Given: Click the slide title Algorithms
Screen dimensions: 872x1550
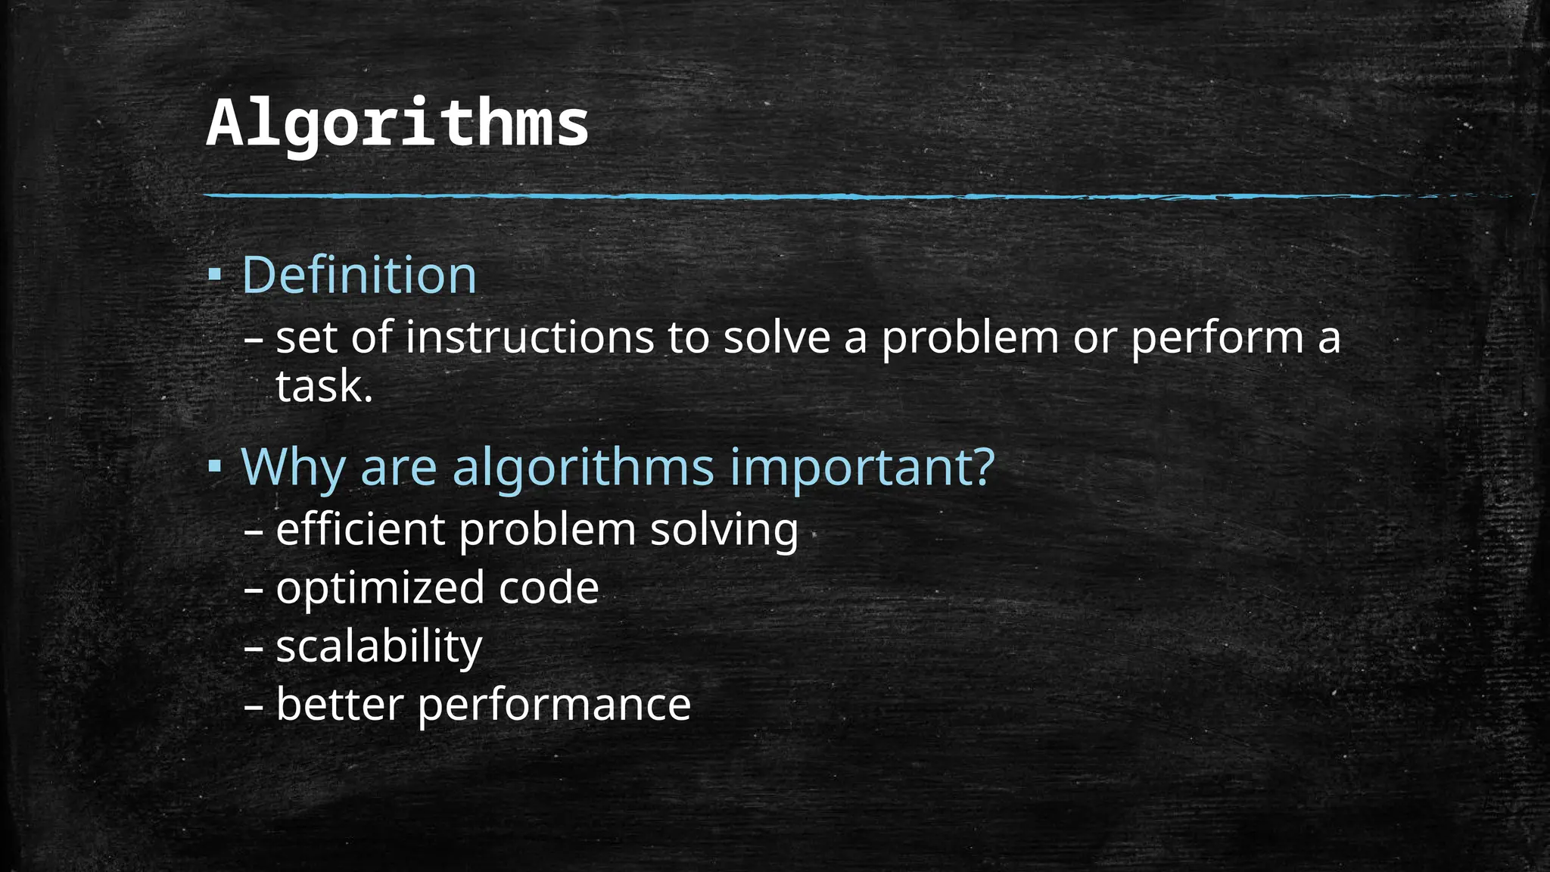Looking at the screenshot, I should (397, 123).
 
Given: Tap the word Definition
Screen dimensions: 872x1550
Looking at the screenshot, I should (359, 275).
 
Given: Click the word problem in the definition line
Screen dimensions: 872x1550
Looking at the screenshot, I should (970, 338).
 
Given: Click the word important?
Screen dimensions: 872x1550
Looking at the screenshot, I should (862, 468).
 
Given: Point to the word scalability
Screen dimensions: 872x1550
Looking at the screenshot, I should (379, 647).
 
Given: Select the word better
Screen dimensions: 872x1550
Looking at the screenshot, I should (339, 705).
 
